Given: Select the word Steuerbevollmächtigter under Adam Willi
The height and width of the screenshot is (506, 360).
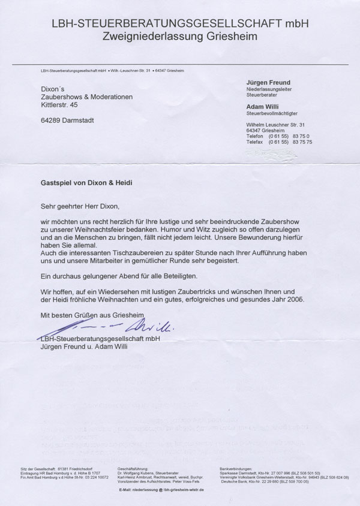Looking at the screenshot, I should click(x=272, y=112).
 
